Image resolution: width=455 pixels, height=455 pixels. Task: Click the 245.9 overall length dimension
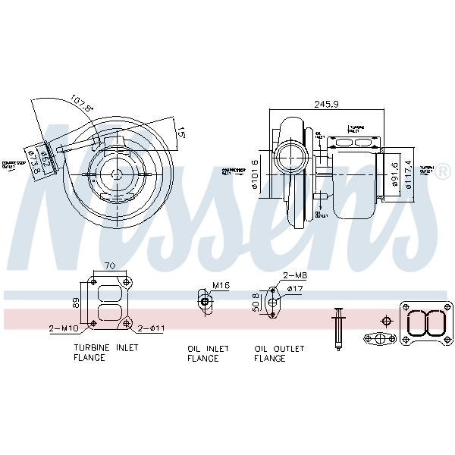coord(328,105)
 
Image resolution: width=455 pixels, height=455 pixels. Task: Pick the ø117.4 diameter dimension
coord(410,173)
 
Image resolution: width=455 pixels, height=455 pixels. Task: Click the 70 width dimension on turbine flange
coord(109,266)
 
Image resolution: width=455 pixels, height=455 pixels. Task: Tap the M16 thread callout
coord(221,286)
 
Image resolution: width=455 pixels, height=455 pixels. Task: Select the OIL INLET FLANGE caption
coord(203,353)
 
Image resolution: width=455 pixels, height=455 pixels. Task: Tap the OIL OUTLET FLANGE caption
coord(279,353)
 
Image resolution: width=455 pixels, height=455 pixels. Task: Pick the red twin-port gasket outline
coord(424,322)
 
